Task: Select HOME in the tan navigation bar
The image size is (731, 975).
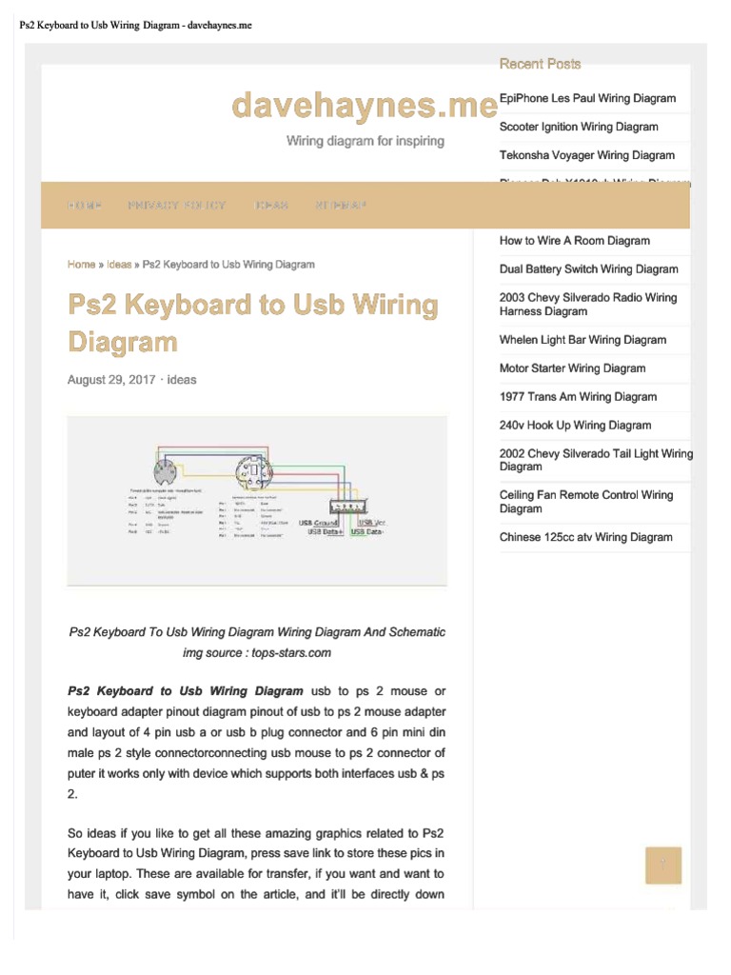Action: tap(85, 206)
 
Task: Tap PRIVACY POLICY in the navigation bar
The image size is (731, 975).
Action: tap(177, 206)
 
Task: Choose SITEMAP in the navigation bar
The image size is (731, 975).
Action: tap(340, 206)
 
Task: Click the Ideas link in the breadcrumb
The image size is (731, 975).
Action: tap(119, 264)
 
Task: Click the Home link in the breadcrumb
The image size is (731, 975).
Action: tap(81, 264)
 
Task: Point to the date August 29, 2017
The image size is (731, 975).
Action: tap(110, 379)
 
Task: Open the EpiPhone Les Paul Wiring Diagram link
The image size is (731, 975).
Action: tap(587, 98)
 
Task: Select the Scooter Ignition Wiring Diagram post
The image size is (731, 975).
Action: tap(579, 127)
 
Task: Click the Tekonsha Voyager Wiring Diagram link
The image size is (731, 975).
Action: tap(586, 155)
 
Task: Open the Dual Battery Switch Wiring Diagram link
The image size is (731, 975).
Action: tap(588, 269)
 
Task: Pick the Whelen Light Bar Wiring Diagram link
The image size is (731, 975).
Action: tap(583, 340)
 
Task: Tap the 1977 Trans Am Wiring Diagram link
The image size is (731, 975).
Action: tap(578, 397)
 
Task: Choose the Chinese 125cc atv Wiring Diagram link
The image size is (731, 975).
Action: tap(585, 537)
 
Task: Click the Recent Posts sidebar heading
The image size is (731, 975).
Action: tap(540, 64)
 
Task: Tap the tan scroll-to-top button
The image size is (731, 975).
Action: tap(663, 866)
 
